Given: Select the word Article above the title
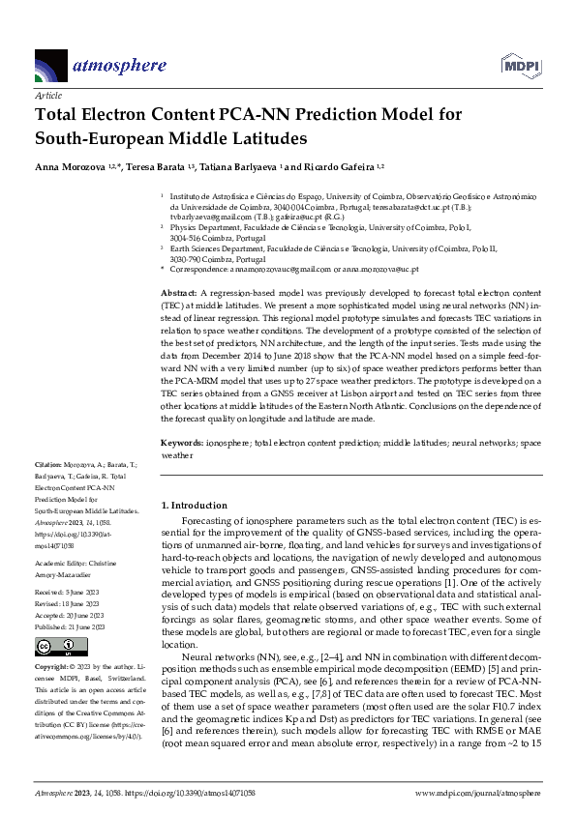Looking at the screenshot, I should coord(47,97).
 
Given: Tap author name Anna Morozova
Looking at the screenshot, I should coord(74,167).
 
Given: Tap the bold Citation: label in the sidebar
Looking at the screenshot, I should coord(50,465).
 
